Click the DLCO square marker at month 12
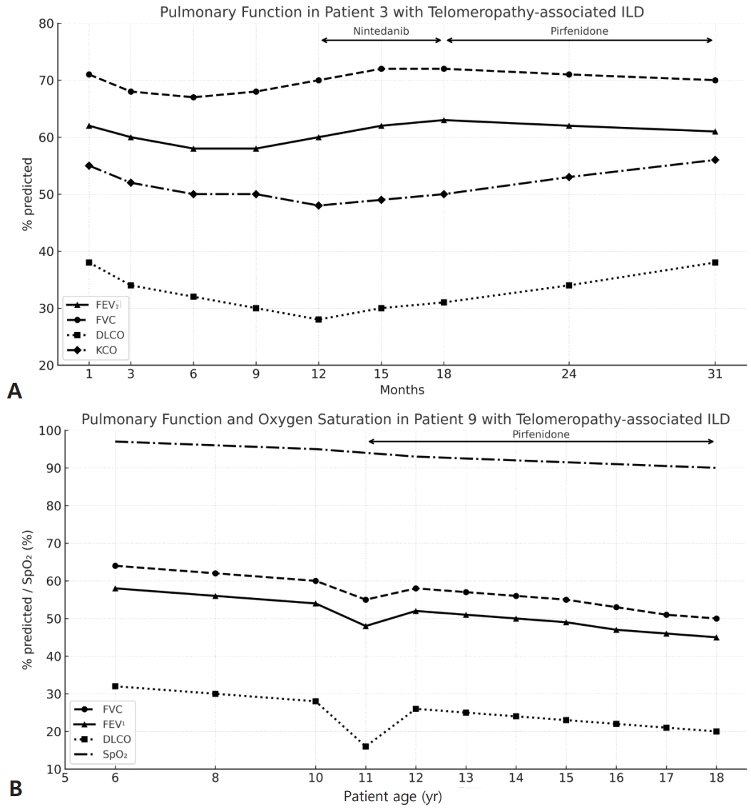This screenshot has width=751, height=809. (319, 319)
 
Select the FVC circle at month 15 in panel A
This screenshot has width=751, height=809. (382, 68)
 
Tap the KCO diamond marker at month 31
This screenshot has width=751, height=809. (715, 160)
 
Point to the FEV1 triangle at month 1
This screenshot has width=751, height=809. (88, 125)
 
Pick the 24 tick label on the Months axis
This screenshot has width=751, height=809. (569, 373)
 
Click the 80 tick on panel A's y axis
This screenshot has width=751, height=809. (46, 24)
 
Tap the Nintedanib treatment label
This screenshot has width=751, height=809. (381, 31)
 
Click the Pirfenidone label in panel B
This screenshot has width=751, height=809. (541, 434)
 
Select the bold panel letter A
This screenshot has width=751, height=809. (14, 391)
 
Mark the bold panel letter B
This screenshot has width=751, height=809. (16, 789)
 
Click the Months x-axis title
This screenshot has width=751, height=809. (402, 390)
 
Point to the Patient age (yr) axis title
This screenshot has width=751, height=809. (393, 797)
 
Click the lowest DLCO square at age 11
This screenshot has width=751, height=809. (365, 746)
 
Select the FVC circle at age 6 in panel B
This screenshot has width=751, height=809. (115, 565)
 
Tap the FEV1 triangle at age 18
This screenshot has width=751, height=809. (717, 637)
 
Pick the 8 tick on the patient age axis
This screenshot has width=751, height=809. (215, 778)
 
